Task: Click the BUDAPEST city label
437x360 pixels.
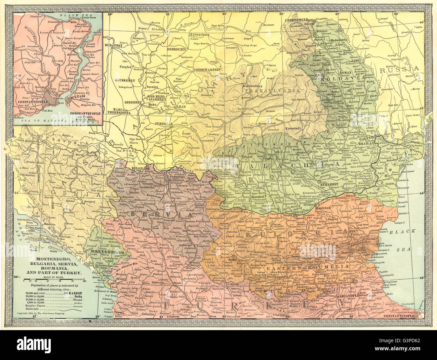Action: point(113,45)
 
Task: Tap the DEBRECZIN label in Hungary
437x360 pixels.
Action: point(176,49)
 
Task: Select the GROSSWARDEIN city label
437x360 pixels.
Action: point(207,69)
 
